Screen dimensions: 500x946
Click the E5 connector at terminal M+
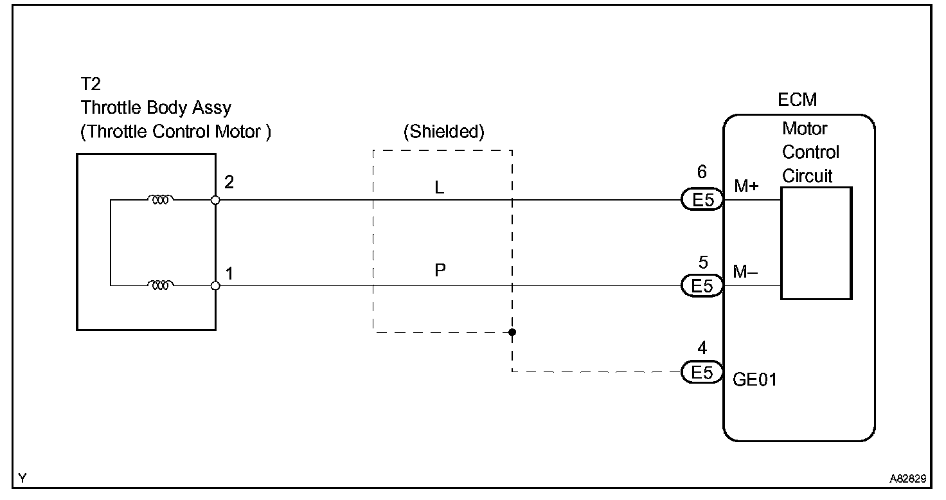702,201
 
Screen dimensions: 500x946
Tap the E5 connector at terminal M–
702,286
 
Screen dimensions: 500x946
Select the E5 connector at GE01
702,372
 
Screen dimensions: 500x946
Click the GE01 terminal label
754,380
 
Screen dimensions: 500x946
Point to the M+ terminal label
747,186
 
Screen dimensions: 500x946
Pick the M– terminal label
745,272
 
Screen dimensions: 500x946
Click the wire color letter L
440,188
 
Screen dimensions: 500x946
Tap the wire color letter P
440,271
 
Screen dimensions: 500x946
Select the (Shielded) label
443,132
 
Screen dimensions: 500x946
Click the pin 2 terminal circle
215,200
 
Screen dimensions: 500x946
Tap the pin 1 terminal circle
215,285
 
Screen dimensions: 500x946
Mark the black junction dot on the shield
512,332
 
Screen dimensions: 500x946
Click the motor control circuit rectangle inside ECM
816,243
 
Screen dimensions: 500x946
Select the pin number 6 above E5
702,172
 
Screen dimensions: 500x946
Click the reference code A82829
907,479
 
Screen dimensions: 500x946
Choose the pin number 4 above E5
702,348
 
